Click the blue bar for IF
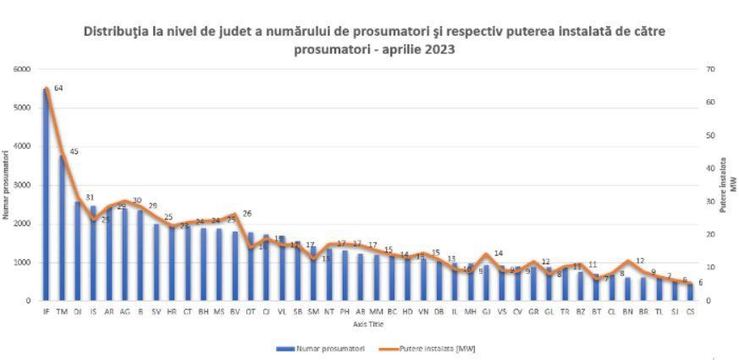coord(46,195)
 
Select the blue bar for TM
coord(62,229)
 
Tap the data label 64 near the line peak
coord(58,88)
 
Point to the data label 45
coord(74,152)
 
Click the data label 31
coord(89,198)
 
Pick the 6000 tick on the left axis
coord(24,69)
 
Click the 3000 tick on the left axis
coord(24,186)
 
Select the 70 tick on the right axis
coord(710,69)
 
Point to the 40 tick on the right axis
coord(710,169)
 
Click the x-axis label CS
coord(691,312)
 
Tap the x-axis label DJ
coord(77,312)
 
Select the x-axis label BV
coord(234,312)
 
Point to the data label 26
coord(247,214)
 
